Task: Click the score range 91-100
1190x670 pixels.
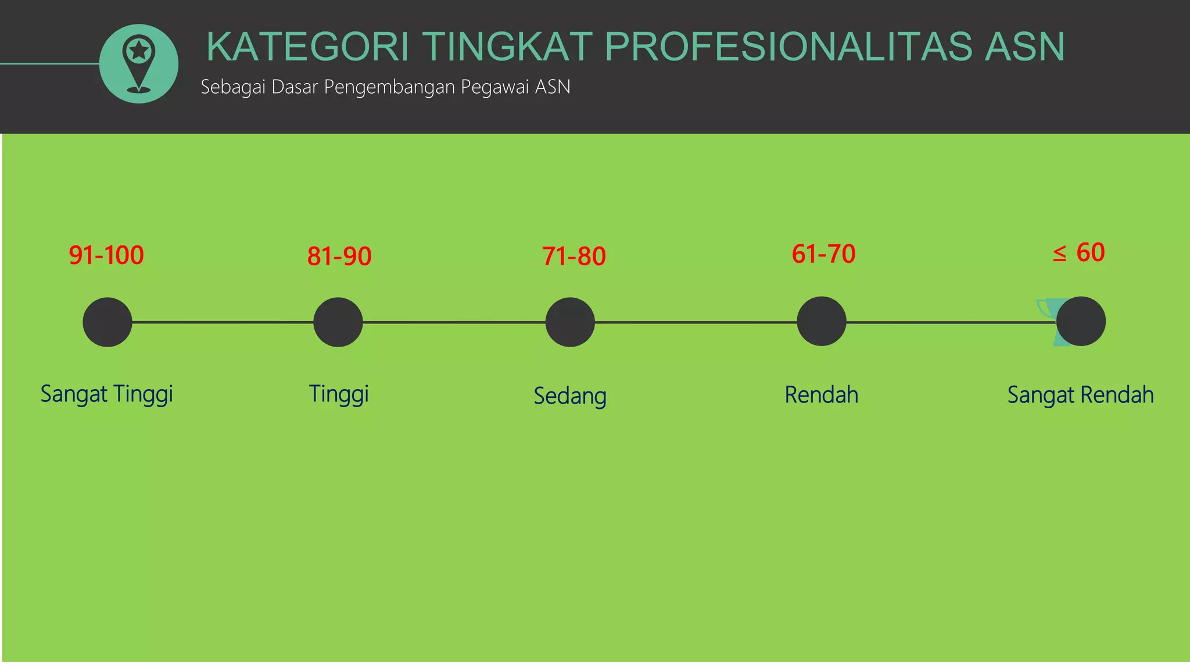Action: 106,255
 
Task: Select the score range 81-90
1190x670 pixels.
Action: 339,256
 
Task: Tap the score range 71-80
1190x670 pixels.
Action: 574,256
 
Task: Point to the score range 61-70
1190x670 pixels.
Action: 823,254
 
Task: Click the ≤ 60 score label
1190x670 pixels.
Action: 1079,252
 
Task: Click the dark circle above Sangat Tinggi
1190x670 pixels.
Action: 107,322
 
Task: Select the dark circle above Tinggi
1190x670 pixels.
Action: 338,322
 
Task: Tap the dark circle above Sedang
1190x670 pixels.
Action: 570,322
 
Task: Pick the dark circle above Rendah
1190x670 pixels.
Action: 821,322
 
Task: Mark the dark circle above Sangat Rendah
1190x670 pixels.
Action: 1081,322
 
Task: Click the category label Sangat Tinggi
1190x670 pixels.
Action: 107,394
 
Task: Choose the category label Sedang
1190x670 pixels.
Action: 570,396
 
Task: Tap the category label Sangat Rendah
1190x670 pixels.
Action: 1080,395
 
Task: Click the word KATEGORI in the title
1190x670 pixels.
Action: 308,47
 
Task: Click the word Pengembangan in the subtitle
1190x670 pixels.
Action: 389,87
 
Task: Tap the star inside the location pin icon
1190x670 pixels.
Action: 139,51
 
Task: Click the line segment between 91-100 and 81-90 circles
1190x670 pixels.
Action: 223,322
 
